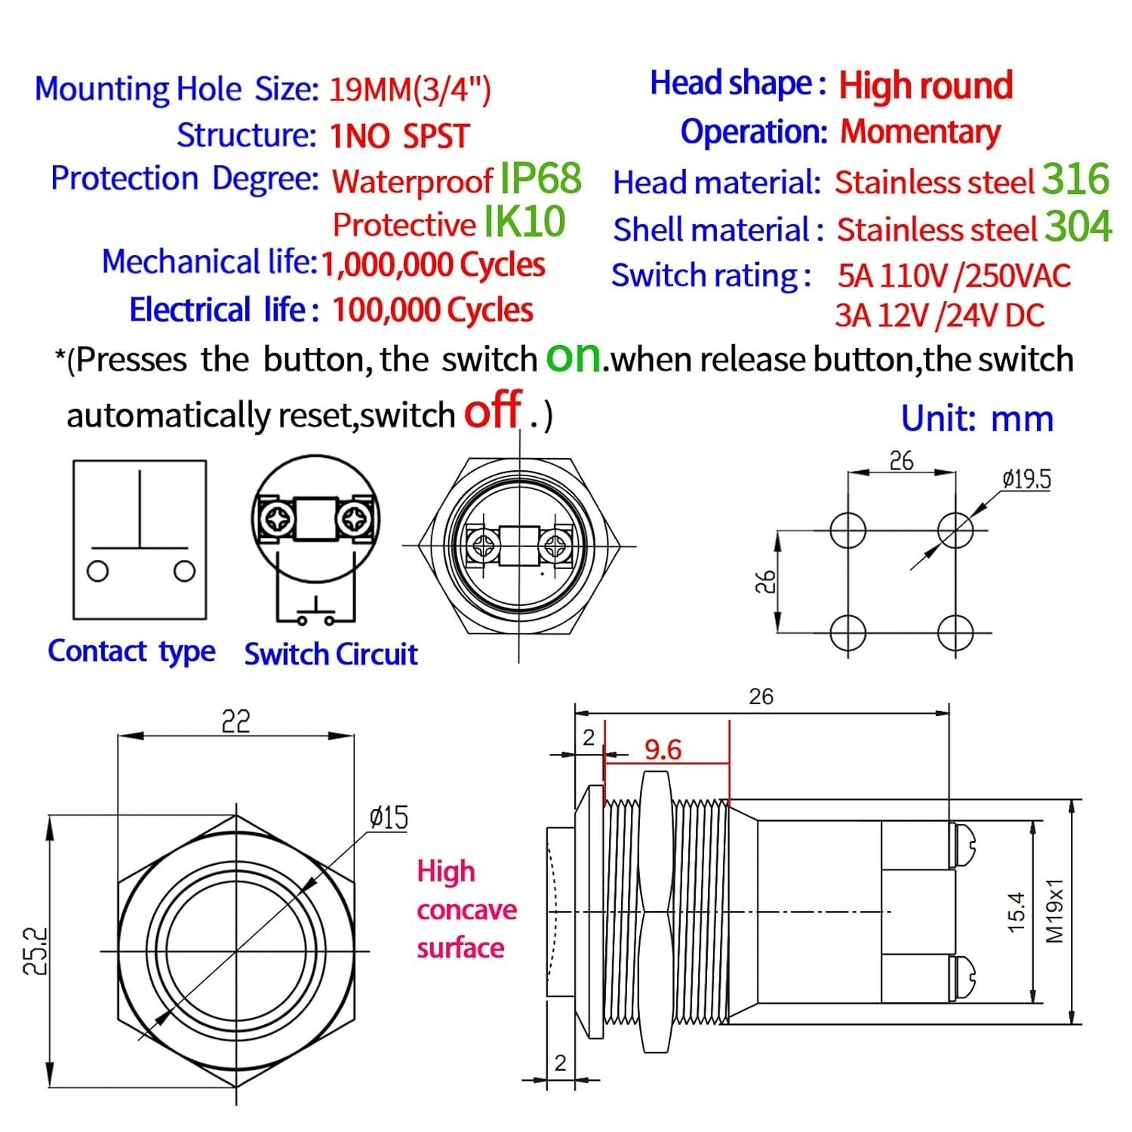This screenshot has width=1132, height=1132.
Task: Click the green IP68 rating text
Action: pos(540,179)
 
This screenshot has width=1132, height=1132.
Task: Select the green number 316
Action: pos(1075,180)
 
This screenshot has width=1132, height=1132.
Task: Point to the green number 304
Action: pos(1078,226)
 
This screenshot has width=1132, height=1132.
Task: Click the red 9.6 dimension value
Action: pos(663,749)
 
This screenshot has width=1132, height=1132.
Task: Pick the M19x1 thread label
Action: pos(1054,910)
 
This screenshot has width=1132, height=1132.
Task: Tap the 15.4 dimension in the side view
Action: pos(1016,912)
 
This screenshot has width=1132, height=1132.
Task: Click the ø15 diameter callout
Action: pos(389,817)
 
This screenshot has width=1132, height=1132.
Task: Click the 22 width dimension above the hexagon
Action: pos(235,721)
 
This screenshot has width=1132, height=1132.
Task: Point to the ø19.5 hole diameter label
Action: pos(1026,478)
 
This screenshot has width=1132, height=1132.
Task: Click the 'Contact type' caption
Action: pos(131,651)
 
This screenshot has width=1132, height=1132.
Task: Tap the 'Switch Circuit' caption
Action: pos(331,654)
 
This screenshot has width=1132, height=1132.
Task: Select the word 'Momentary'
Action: pos(920,132)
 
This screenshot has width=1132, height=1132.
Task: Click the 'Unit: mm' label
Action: pos(977,419)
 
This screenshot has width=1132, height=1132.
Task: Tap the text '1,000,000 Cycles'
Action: pos(432,265)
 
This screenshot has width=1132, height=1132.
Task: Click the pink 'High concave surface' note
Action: pos(466,909)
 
